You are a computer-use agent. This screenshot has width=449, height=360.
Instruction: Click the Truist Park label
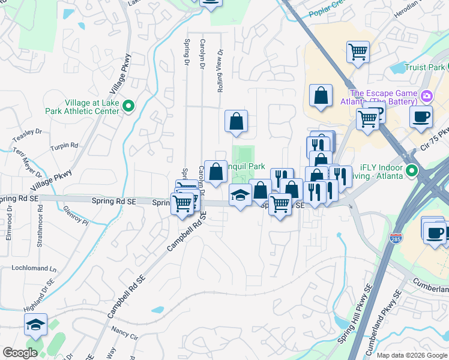(x=424, y=67)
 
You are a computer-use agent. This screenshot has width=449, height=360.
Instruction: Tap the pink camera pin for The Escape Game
(x=427, y=95)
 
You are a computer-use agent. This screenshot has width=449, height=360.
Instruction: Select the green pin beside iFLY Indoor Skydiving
(x=412, y=172)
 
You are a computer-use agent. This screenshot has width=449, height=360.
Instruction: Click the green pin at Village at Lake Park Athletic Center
(x=128, y=106)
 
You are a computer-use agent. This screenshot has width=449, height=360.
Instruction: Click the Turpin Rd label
(x=64, y=145)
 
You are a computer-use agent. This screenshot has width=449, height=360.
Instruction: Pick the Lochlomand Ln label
(x=34, y=268)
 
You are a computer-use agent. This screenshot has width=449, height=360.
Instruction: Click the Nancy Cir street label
(x=124, y=329)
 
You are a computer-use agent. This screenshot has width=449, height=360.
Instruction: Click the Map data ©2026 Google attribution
(x=411, y=355)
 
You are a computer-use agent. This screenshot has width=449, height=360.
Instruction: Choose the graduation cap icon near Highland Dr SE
(x=35, y=325)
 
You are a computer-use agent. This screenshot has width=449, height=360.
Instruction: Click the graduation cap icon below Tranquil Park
(x=240, y=195)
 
